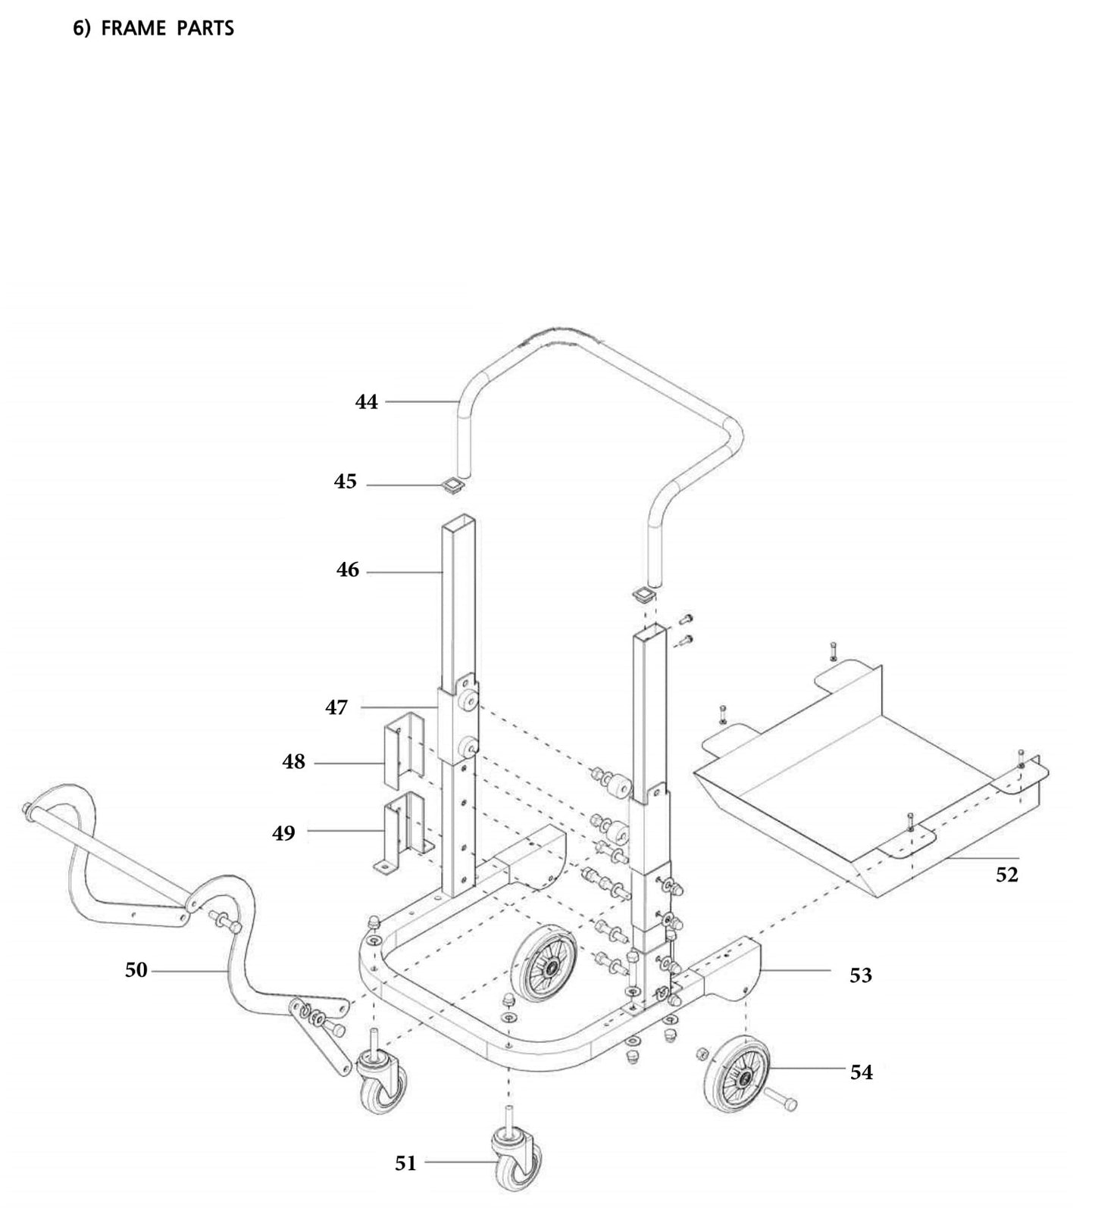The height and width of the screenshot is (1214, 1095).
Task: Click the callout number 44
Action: tap(366, 401)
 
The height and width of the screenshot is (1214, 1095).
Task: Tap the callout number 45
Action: tap(346, 482)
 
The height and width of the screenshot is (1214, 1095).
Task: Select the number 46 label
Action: tap(348, 570)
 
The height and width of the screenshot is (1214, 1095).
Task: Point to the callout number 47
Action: tap(336, 707)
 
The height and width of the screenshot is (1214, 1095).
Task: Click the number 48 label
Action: tap(294, 762)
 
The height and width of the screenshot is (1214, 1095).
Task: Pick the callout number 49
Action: tap(284, 833)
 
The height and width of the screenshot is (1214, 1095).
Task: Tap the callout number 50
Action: tap(136, 969)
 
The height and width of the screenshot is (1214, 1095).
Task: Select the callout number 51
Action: tap(405, 1163)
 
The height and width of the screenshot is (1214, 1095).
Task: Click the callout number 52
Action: tap(1006, 875)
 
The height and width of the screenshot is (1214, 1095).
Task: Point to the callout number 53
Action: tap(860, 975)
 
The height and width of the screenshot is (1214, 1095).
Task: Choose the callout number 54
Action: tap(861, 1072)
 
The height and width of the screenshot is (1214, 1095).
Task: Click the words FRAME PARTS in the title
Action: tap(167, 29)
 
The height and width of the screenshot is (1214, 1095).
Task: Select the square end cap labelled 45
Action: tap(452, 484)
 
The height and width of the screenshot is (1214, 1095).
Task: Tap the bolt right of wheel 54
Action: tap(781, 1100)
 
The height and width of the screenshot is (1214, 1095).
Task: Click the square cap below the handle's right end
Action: tap(643, 595)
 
